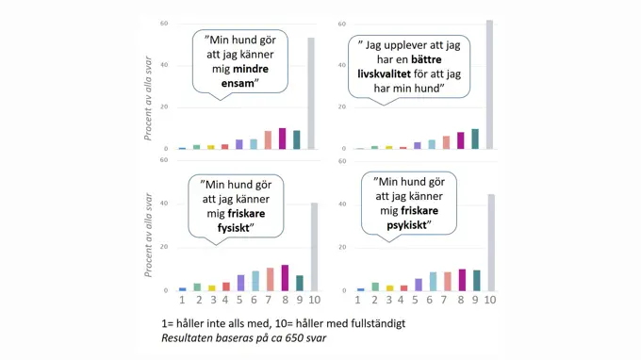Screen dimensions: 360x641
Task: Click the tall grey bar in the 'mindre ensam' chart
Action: point(311,94)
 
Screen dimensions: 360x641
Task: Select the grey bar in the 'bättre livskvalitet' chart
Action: point(488,85)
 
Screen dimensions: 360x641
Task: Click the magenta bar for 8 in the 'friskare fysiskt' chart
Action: point(285,278)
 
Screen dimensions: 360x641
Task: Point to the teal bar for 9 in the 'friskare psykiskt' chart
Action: point(476,281)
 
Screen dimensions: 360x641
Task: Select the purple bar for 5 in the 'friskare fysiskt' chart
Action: point(240,283)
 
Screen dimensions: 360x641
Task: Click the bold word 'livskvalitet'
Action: point(388,74)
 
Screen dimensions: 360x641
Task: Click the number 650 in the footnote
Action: point(278,336)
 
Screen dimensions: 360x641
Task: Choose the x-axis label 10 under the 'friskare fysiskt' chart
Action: point(314,300)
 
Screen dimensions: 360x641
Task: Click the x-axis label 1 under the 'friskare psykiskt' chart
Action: point(358,300)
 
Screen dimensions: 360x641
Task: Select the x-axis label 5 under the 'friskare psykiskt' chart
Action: point(418,300)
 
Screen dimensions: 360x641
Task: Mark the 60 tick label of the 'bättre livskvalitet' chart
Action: point(341,23)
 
